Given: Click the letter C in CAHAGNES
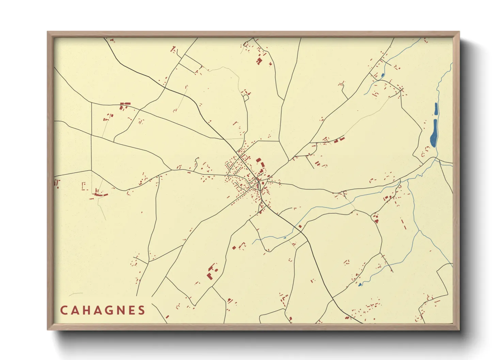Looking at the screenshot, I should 64,310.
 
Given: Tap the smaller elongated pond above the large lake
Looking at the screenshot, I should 436,109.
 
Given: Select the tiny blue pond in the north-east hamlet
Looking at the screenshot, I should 382,75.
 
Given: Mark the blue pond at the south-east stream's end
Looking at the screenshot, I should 360,284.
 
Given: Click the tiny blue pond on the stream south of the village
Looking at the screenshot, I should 285,238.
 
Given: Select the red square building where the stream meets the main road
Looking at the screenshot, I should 300,226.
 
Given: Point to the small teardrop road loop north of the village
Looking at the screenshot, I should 246,98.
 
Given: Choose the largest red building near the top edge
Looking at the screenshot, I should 259,61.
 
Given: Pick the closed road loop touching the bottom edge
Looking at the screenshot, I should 272,316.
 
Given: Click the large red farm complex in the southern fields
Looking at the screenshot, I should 211,272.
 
